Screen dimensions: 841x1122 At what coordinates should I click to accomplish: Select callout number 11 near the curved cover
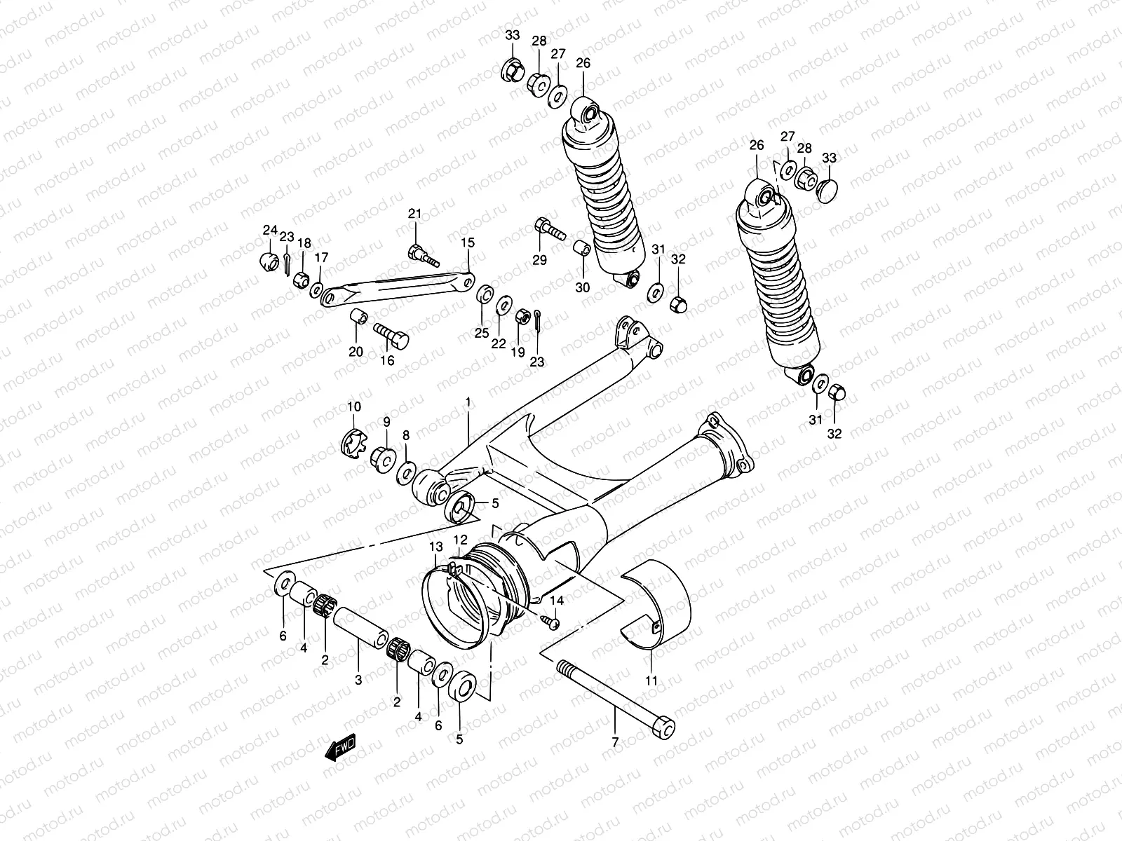651,680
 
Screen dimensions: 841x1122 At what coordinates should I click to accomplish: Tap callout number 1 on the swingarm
468,402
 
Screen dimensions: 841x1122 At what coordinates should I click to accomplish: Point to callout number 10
353,406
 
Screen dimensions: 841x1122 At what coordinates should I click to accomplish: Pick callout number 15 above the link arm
468,243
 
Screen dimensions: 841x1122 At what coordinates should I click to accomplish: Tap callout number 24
270,230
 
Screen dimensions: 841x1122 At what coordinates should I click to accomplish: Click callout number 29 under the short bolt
539,261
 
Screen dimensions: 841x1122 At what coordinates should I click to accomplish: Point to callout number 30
583,287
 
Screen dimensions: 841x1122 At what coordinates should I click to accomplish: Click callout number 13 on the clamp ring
436,547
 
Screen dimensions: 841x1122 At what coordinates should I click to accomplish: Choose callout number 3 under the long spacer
358,680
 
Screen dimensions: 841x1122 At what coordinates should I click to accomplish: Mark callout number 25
482,333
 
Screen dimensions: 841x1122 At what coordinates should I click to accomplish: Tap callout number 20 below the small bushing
356,352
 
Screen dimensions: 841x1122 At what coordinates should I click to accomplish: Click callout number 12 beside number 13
459,540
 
